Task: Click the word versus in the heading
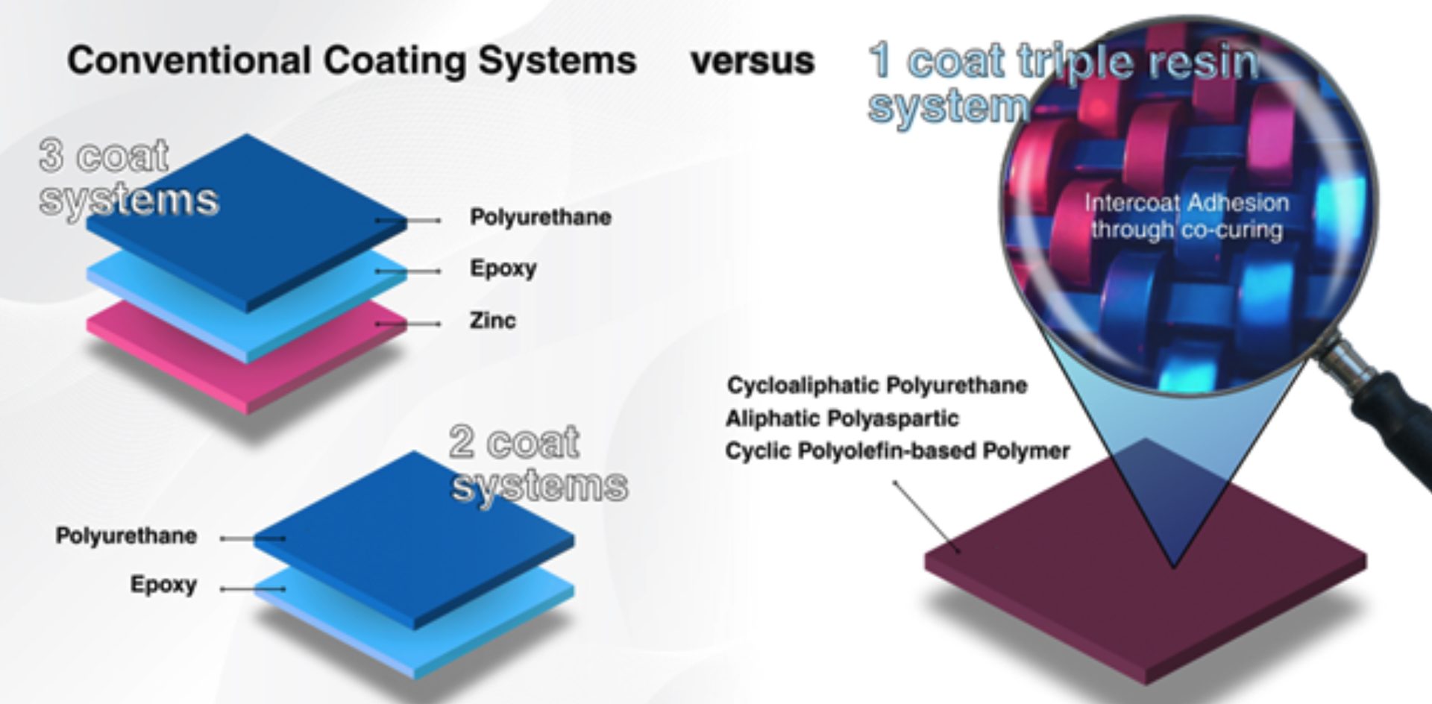click(752, 61)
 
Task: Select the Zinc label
click(492, 321)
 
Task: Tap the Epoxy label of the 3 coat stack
click(503, 268)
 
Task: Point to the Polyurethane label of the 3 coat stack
click(540, 217)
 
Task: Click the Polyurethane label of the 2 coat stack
click(126, 535)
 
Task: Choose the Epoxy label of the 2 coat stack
click(163, 584)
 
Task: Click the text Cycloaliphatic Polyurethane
click(877, 386)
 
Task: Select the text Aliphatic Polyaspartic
click(842, 418)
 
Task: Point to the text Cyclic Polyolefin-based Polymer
click(897, 451)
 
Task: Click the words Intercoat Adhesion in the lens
click(1186, 203)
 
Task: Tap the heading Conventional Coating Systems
click(351, 61)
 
